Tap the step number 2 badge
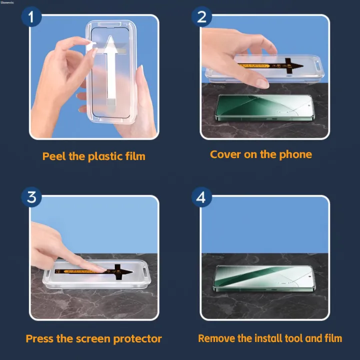(x=202, y=17)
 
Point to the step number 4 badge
(x=201, y=197)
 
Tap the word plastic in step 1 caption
(x=105, y=156)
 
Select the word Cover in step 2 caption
(x=225, y=154)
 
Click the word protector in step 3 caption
(x=138, y=339)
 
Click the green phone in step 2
(x=264, y=108)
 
